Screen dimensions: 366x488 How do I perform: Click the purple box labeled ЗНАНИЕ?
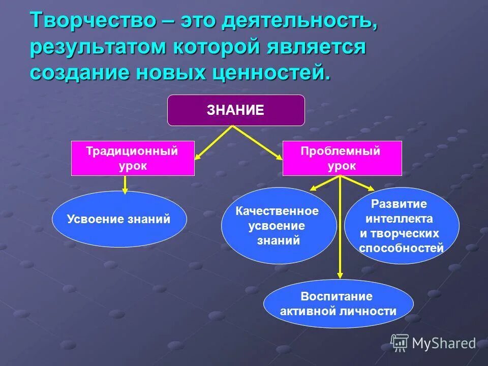(236, 110)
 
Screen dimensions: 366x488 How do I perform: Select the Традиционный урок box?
(133, 158)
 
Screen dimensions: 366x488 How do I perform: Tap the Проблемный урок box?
(342, 158)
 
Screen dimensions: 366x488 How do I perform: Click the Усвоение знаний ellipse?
(119, 219)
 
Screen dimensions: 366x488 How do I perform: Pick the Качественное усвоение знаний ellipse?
(278, 226)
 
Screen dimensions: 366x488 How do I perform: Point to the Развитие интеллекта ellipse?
(402, 226)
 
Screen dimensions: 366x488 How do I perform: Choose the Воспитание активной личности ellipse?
(338, 304)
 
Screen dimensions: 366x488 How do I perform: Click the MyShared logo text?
(443, 343)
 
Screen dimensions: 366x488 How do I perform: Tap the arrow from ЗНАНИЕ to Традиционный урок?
(213, 143)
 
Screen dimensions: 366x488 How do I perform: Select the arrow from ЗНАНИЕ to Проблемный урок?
(258, 143)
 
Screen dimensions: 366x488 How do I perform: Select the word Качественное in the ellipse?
(277, 211)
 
